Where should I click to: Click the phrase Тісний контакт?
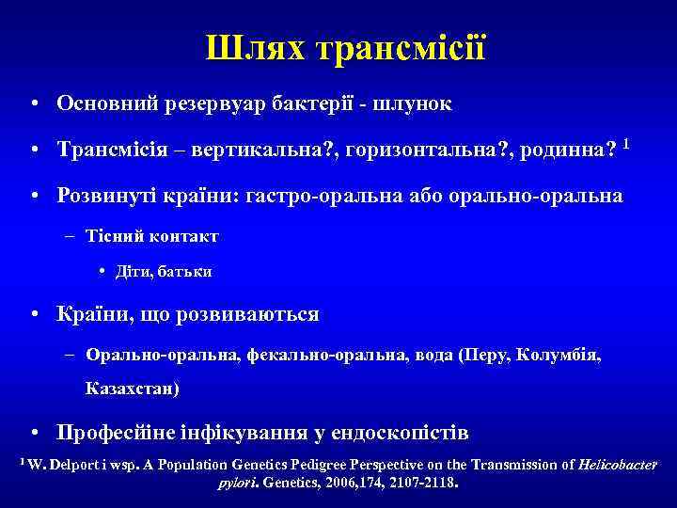(151, 235)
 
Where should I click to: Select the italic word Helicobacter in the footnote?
(619, 465)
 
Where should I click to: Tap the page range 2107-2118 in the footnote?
(420, 485)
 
